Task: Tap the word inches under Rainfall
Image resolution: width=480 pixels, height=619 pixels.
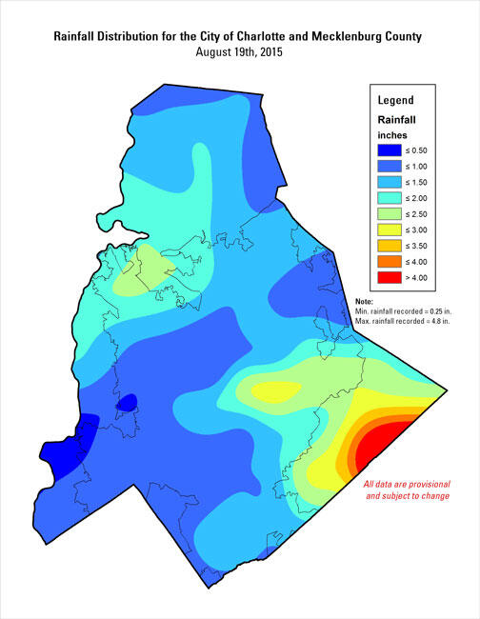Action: (392, 134)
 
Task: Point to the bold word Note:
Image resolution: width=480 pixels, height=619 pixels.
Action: (363, 300)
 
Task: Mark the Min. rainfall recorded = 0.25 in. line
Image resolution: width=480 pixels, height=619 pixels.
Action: (400, 311)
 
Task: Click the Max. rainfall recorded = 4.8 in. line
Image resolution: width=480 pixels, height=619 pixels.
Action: (400, 322)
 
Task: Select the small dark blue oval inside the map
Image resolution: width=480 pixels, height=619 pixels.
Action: (126, 404)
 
